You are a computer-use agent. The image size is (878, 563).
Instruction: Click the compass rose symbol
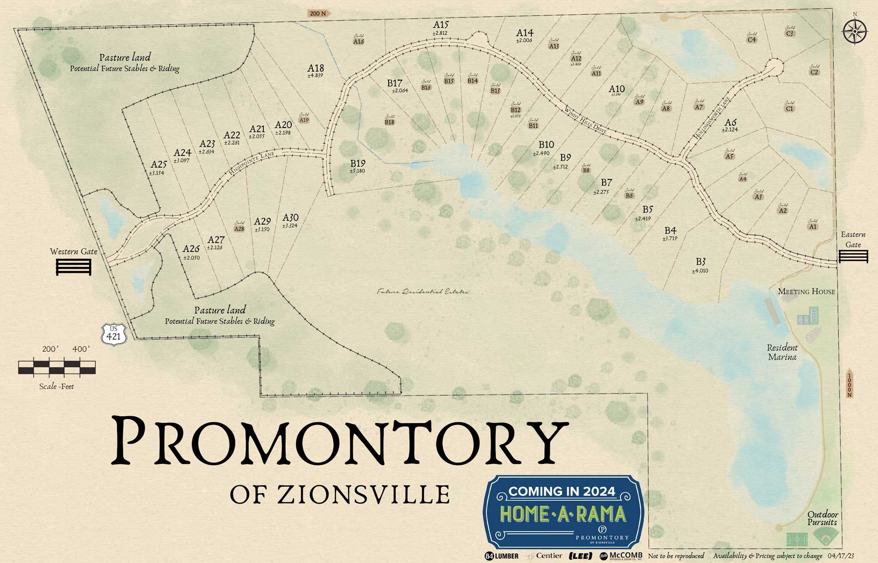pyautogui.click(x=854, y=32)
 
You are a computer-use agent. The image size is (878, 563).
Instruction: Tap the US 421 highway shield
pyautogui.click(x=113, y=335)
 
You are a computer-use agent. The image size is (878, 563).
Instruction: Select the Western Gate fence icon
pyautogui.click(x=74, y=267)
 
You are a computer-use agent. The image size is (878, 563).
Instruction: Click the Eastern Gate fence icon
pyautogui.click(x=853, y=256)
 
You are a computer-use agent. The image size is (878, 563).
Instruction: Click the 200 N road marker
pyautogui.click(x=319, y=13)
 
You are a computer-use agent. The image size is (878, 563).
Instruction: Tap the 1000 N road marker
pyautogui.click(x=850, y=383)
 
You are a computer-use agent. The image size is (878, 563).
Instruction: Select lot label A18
pyautogui.click(x=316, y=69)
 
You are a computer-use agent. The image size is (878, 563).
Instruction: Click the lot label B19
pyautogui.click(x=358, y=164)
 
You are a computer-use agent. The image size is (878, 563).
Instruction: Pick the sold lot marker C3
pyautogui.click(x=790, y=33)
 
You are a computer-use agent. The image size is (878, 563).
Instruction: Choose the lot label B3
pyautogui.click(x=701, y=262)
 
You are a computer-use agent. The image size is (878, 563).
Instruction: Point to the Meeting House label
pyautogui.click(x=806, y=291)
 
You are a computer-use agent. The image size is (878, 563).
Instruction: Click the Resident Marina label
pyautogui.click(x=782, y=352)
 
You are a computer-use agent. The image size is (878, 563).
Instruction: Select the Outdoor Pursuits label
pyautogui.click(x=822, y=518)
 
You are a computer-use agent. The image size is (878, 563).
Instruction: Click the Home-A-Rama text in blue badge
pyautogui.click(x=562, y=514)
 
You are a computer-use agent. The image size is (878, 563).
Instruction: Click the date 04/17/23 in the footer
pyautogui.click(x=841, y=556)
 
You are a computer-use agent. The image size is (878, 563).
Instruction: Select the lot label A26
pyautogui.click(x=191, y=249)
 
